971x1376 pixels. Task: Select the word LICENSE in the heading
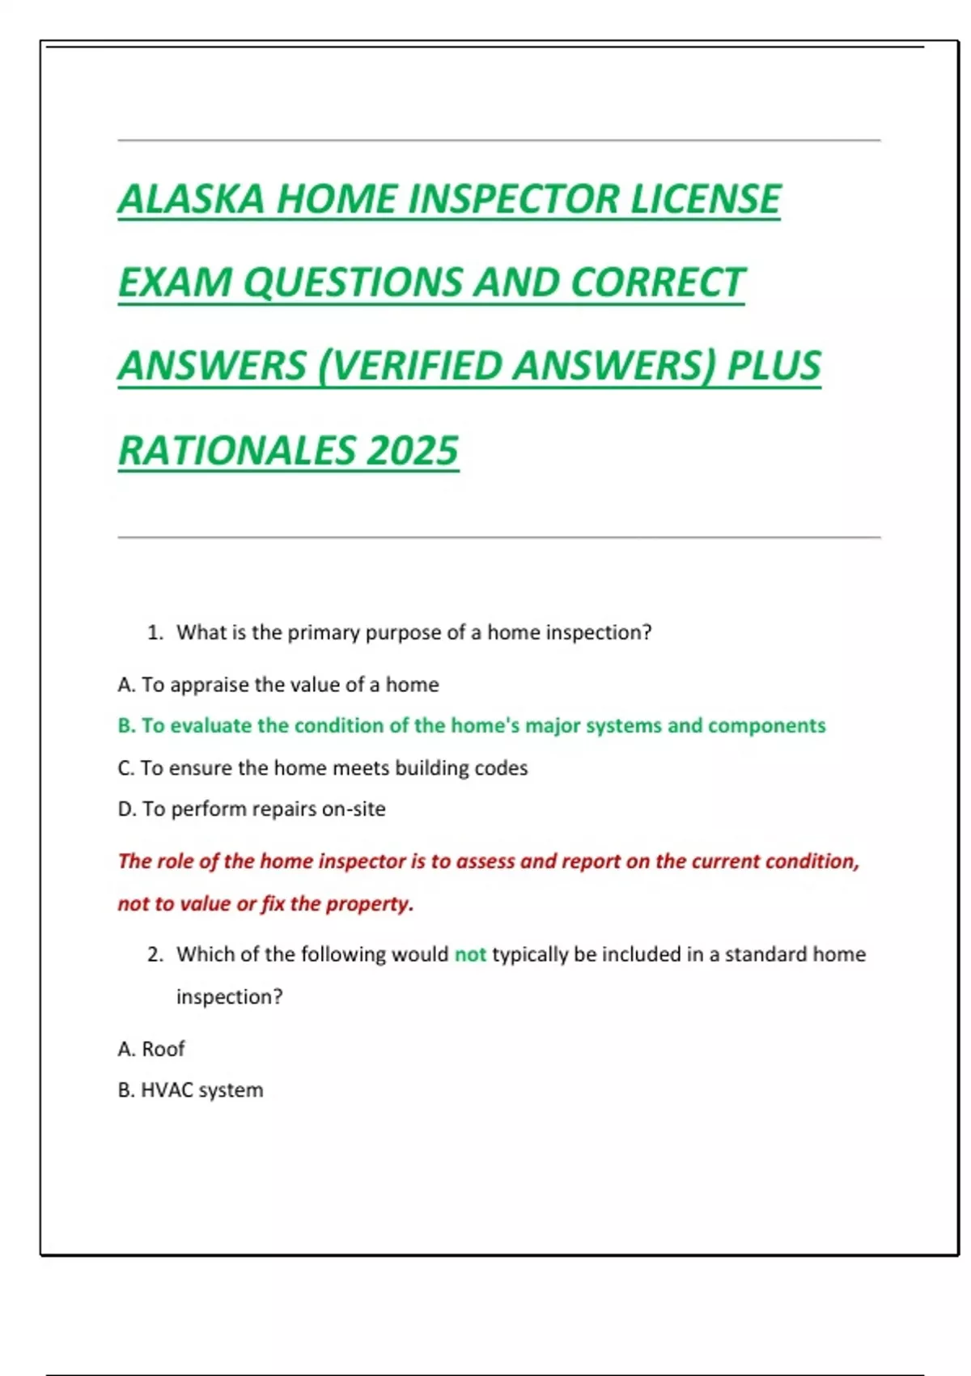[706, 199]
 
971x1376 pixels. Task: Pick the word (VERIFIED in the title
[409, 366]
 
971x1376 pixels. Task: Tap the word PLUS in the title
[774, 366]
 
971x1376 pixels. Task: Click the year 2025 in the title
[412, 451]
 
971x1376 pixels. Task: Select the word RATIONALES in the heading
[236, 451]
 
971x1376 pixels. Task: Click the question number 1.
[155, 633]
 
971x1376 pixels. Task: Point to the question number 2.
[155, 955]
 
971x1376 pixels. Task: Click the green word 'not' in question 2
[470, 955]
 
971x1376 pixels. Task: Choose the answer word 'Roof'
[163, 1050]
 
